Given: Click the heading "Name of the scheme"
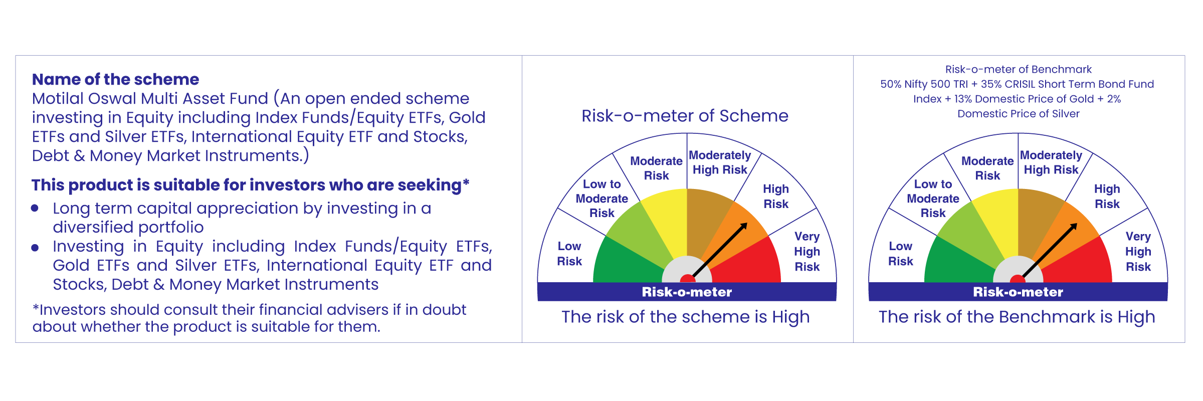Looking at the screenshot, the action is pyautogui.click(x=115, y=79).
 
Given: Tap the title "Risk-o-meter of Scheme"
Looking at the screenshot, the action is pyautogui.click(x=685, y=116).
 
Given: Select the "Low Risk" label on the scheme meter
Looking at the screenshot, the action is pyautogui.click(x=569, y=254).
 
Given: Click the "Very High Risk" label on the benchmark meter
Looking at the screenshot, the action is pyautogui.click(x=1138, y=252).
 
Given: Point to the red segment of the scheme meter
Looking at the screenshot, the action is pyautogui.click(x=752, y=263).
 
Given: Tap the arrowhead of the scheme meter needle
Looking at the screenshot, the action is pyautogui.click(x=744, y=226).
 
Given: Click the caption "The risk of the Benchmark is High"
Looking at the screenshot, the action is pyautogui.click(x=1017, y=317).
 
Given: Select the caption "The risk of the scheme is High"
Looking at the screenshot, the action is pyautogui.click(x=685, y=317).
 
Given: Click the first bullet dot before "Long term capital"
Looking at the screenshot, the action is pyautogui.click(x=35, y=208).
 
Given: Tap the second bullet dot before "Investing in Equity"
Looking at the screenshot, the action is pyautogui.click(x=35, y=248).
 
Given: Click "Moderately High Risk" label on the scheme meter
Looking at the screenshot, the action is pyautogui.click(x=720, y=162).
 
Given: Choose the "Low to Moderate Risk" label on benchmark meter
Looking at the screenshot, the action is pyautogui.click(x=933, y=198).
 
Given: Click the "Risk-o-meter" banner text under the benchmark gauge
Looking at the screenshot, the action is pyautogui.click(x=1018, y=292).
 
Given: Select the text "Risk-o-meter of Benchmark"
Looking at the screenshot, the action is pyautogui.click(x=1018, y=69).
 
